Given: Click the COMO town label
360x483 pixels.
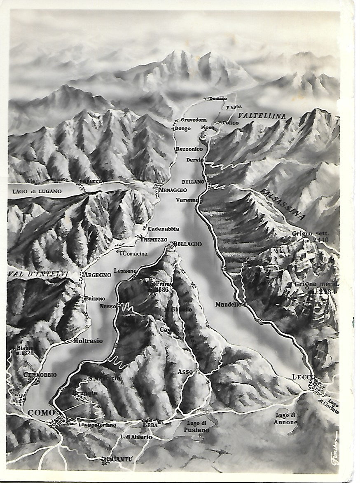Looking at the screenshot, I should pos(41,413).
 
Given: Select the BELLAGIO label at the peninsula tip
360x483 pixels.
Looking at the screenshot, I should pos(188,244).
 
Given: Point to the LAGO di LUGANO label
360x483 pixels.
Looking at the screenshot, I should pos(37,191).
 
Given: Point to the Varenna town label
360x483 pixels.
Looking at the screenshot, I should pos(187,200).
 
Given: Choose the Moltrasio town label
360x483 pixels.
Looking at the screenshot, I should pos(88,341).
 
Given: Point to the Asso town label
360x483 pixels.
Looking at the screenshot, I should pos(185,371).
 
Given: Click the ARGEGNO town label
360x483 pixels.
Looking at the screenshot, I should pos(97,274).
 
